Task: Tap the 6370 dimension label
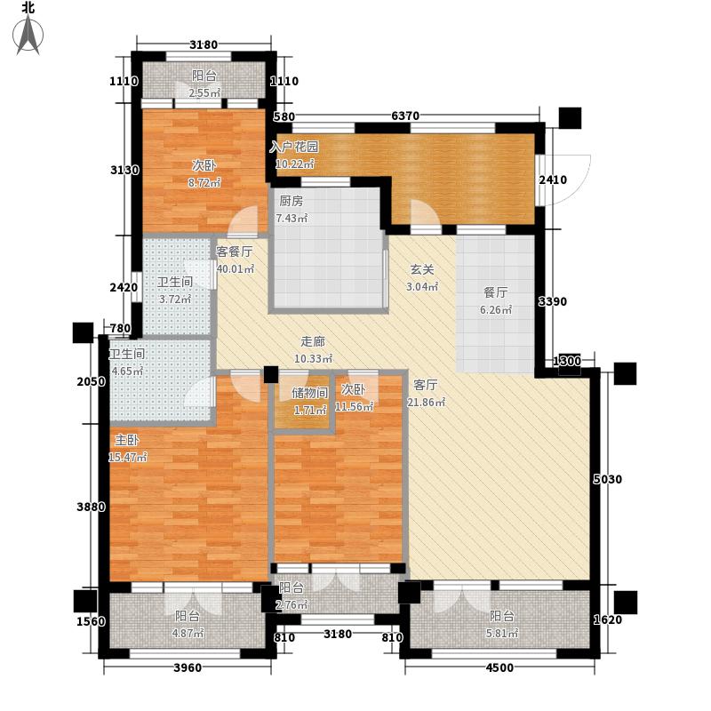(404, 116)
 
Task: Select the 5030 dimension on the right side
(608, 480)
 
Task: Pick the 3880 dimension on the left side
(92, 507)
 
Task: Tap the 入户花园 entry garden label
(294, 147)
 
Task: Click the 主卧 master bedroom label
(124, 439)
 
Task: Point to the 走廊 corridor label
(311, 342)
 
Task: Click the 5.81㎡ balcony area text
(501, 633)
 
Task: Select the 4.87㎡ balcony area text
(188, 633)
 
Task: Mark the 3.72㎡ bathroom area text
(174, 300)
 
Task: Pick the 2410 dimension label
(553, 180)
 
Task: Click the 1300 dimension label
(566, 361)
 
